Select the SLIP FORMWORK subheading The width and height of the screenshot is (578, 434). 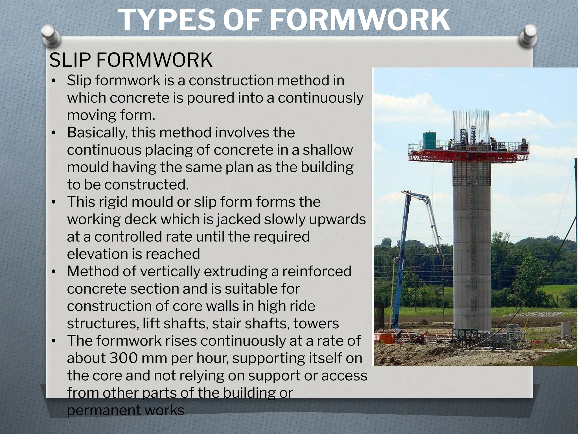(131, 60)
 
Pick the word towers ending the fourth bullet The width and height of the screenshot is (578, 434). (316, 324)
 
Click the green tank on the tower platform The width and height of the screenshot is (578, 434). (430, 140)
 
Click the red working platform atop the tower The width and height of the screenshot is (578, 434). (468, 156)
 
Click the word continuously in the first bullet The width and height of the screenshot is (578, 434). (321, 98)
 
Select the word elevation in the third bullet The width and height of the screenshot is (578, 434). (97, 254)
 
